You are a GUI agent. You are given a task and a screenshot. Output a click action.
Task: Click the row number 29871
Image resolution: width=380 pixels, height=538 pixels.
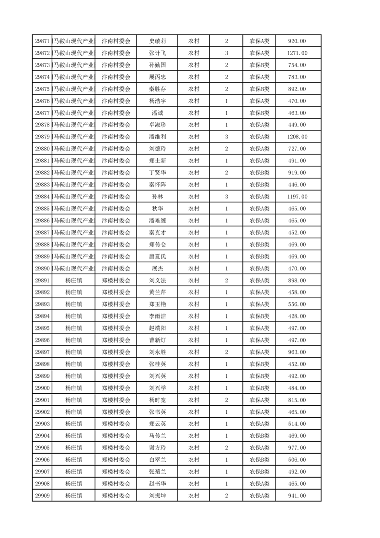click(43, 41)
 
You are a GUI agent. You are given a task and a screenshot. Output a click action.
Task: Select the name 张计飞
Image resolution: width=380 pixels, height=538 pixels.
click(157, 53)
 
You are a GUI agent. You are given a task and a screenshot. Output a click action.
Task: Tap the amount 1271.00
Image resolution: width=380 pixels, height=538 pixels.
click(297, 53)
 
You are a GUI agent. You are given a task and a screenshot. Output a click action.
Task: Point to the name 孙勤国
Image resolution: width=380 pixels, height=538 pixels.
click(157, 65)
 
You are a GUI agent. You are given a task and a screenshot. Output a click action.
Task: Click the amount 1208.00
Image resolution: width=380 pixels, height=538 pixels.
click(297, 137)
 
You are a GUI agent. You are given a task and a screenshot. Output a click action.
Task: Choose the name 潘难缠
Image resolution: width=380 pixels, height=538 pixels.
click(157, 221)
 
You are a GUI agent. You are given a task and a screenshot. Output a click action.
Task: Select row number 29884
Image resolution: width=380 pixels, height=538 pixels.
click(43, 197)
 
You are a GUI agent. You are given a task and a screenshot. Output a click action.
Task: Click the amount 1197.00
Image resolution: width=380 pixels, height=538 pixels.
click(297, 197)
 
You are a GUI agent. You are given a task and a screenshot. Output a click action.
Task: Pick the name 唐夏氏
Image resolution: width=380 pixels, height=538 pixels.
click(157, 257)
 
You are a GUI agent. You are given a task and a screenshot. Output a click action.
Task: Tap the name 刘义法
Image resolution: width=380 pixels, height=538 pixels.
click(157, 281)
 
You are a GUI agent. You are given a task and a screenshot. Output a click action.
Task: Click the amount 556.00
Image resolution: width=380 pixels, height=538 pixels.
click(297, 304)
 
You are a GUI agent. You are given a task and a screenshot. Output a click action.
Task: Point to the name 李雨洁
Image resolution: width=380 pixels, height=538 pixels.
click(157, 316)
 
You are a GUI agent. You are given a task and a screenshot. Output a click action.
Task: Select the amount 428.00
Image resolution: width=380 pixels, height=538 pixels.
click(297, 316)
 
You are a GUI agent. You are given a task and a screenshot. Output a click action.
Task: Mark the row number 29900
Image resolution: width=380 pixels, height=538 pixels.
click(43, 388)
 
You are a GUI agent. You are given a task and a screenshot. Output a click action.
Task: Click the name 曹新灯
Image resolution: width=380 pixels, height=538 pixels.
click(157, 340)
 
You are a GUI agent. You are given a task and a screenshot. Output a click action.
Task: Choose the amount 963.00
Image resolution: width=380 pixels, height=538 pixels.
click(297, 352)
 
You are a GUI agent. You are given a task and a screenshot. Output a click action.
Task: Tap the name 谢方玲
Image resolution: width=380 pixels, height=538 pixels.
click(157, 448)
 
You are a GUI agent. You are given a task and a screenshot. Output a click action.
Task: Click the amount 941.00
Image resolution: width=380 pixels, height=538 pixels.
click(297, 496)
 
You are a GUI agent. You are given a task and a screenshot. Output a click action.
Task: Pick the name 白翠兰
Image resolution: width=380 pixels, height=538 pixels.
click(157, 460)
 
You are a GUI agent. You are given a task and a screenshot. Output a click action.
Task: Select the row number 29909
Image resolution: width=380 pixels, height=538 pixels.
click(43, 496)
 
